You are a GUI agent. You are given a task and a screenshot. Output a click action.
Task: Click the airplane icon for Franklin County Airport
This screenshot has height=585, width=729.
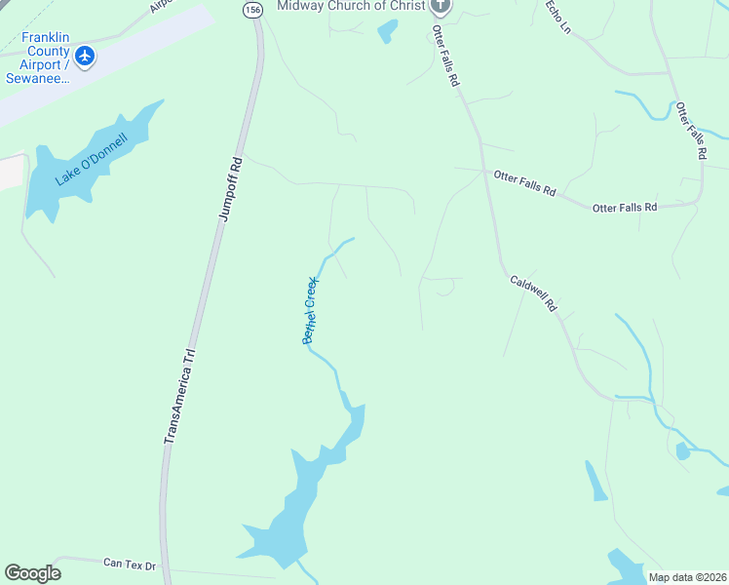point(85,56)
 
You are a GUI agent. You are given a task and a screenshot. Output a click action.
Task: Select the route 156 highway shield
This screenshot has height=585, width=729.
point(253,9)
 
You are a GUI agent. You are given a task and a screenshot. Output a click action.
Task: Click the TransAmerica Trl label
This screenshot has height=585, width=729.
point(179,398)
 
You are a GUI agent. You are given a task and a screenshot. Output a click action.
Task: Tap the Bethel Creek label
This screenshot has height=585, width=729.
point(310,309)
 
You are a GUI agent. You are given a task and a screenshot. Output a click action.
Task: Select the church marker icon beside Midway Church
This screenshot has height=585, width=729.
point(441,6)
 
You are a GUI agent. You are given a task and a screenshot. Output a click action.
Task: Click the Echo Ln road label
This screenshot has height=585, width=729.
point(557,17)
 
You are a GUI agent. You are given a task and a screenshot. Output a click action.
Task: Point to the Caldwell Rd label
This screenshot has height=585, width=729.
point(534,292)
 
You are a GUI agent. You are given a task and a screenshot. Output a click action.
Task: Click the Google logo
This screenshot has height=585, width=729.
point(32,573)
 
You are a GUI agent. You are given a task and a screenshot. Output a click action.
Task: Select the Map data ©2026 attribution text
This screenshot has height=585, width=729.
point(687,577)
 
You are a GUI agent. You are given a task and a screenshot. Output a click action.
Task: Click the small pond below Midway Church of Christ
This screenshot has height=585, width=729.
point(388,32)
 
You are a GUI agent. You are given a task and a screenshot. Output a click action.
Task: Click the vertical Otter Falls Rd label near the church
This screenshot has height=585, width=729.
point(445,58)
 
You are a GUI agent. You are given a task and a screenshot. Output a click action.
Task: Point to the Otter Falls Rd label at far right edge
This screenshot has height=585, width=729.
point(690,131)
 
